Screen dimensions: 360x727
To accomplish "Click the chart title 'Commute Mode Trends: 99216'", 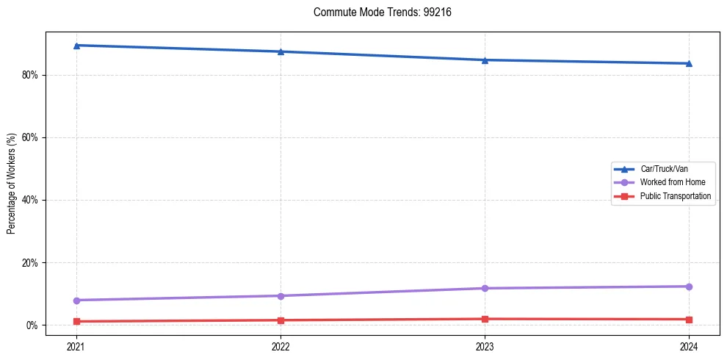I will [377, 12].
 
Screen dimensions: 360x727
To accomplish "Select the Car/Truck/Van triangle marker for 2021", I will [76, 46].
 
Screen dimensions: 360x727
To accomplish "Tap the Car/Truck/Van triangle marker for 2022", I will [281, 51].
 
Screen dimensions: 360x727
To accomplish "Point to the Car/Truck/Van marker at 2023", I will [485, 60].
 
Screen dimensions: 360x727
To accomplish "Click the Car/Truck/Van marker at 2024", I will [689, 63].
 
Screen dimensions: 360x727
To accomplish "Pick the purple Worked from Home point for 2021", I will [76, 300].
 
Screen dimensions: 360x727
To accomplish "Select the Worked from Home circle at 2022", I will [281, 295].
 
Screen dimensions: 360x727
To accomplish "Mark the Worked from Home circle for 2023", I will [485, 288].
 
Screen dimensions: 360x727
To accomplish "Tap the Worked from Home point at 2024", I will [689, 287].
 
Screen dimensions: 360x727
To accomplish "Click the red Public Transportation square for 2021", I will [76, 321].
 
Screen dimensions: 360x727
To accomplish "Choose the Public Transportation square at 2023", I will [485, 319].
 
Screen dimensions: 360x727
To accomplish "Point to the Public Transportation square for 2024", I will [689, 320].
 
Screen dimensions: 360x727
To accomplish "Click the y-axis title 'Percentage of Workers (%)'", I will [12, 184].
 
